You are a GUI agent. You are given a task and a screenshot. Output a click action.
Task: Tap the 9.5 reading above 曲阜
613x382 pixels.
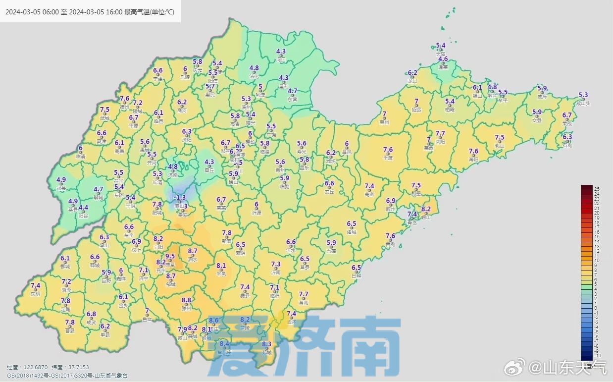[x=170, y=256]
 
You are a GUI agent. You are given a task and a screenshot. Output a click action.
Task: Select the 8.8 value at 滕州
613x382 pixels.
[x=186, y=300]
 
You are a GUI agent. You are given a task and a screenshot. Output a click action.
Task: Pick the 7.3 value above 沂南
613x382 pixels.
[x=276, y=264]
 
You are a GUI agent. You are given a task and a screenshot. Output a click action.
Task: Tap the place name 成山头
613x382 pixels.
[x=583, y=104]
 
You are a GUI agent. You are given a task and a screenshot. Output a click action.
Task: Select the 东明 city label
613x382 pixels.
[x=35, y=294]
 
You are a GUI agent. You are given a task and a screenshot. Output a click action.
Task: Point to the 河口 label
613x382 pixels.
[x=281, y=59]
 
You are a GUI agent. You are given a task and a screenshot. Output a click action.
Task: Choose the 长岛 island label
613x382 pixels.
[x=441, y=54]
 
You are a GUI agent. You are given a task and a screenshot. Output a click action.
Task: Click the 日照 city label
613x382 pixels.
[x=357, y=276]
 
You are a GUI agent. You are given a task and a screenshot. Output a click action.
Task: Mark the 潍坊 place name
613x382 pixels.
[x=331, y=161]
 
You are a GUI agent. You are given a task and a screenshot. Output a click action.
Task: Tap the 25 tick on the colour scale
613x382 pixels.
[x=597, y=189]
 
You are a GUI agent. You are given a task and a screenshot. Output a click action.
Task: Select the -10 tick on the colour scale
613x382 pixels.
[x=597, y=356]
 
